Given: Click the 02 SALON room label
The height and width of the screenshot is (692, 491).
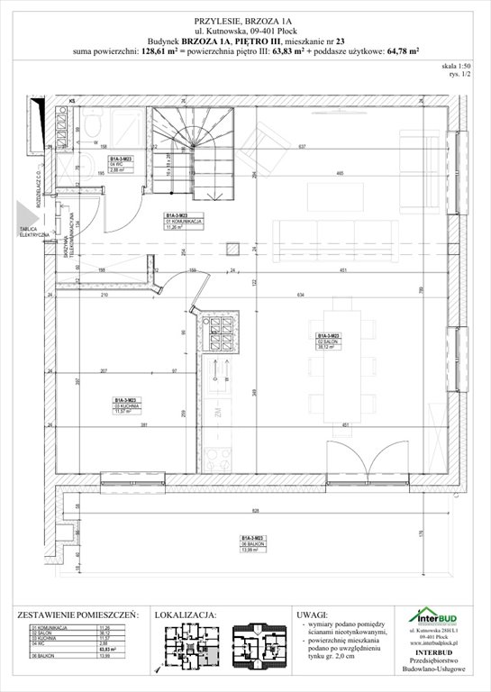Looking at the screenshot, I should coord(326,341).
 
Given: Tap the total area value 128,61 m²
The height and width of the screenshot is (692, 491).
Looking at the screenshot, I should coord(159,52).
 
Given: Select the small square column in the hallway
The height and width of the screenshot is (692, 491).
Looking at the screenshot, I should coord(233,248).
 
